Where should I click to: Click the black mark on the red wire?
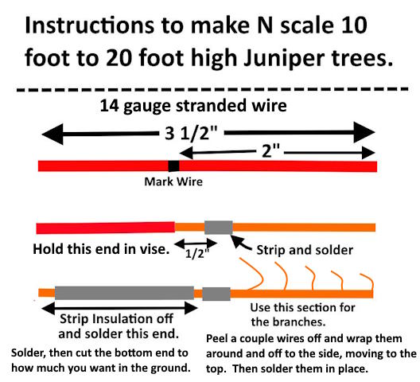coord(173,166)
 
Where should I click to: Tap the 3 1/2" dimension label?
coord(191,133)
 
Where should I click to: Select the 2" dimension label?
coord(270,150)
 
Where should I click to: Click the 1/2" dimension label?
coord(196,253)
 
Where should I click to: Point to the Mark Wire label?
coord(173,181)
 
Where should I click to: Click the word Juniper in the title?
coord(283,59)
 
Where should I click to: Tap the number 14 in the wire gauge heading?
coord(109,106)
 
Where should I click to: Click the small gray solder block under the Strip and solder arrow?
coord(218,228)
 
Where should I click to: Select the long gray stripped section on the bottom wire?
coord(124,293)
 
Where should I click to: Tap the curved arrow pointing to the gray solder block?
coord(239,243)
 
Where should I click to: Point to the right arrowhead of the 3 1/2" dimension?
coord(364,132)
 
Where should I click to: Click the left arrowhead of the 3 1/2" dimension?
coord(52,134)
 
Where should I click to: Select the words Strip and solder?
coord(305,250)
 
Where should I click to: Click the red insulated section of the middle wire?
coord(106,228)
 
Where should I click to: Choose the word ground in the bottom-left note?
coord(170,368)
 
